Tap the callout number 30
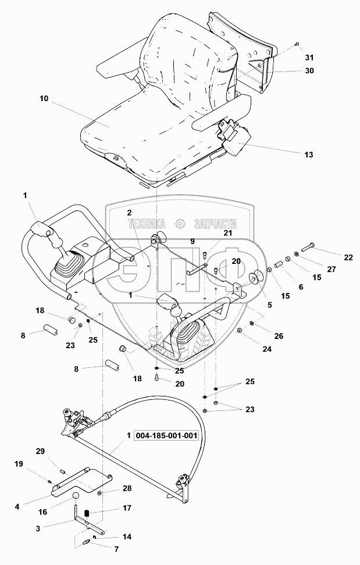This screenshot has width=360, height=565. (x=309, y=71)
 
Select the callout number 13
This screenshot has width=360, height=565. (x=309, y=155)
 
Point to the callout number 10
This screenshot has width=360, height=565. (x=44, y=99)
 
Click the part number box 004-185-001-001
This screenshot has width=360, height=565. (x=166, y=435)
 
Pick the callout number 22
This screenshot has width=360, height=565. (x=348, y=258)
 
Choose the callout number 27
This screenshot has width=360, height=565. (x=332, y=269)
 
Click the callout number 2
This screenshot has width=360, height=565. (x=129, y=213)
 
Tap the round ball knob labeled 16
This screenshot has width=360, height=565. (x=76, y=495)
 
